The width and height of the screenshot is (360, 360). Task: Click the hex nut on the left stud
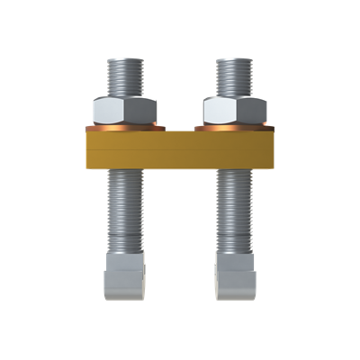(127, 110)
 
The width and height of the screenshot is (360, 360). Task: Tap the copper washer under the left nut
(127, 128)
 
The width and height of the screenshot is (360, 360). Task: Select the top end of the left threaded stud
(127, 62)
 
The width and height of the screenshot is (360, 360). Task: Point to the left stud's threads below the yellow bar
(127, 211)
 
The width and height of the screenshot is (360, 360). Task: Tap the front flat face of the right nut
(229, 111)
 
